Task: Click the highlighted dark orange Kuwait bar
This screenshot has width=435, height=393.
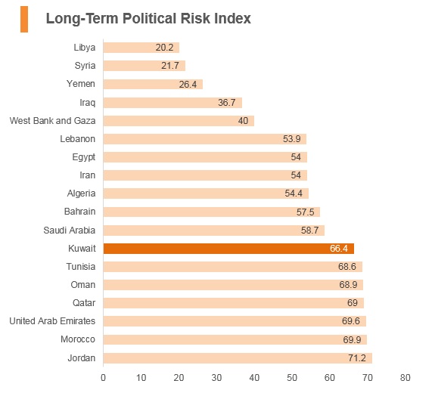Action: pyautogui.click(x=228, y=249)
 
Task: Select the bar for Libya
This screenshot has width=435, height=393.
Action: pyautogui.click(x=141, y=48)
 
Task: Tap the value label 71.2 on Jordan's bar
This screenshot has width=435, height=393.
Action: pyautogui.click(x=357, y=358)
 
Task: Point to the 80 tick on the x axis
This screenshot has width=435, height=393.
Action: pyautogui.click(x=405, y=377)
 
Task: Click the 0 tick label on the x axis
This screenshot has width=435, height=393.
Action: pyautogui.click(x=103, y=377)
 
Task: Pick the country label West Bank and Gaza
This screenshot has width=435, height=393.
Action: pyautogui.click(x=52, y=121)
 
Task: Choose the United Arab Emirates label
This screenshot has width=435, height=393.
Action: pyautogui.click(x=52, y=321)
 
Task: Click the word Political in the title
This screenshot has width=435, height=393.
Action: pyautogui.click(x=149, y=19)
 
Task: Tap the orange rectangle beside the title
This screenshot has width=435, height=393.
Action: pyautogui.click(x=24, y=19)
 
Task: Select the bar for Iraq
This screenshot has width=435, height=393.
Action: pyautogui.click(x=172, y=103)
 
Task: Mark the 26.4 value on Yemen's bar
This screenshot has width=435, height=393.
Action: pyautogui.click(x=188, y=84)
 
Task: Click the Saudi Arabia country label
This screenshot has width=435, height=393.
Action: pyautogui.click(x=70, y=231)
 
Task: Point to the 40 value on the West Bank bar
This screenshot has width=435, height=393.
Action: pyautogui.click(x=243, y=121)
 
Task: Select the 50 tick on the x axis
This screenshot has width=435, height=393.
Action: pyautogui.click(x=292, y=377)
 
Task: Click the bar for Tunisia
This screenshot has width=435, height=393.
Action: pyautogui.click(x=233, y=267)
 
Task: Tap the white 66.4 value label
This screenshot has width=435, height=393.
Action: pyautogui.click(x=339, y=249)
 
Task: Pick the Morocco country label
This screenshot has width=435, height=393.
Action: pyautogui.click(x=78, y=339)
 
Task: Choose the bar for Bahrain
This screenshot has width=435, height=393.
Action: pyautogui.click(x=212, y=212)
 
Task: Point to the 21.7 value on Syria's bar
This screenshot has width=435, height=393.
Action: pyautogui.click(x=170, y=66)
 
